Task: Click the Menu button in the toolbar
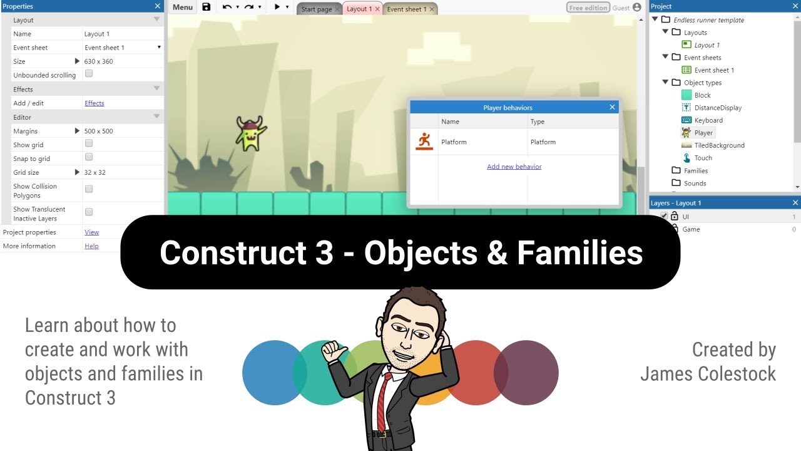(x=183, y=8)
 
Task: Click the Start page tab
(x=317, y=9)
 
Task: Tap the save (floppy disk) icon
(x=207, y=8)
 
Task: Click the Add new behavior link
(x=514, y=167)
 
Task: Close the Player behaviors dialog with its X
(x=612, y=107)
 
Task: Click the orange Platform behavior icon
(x=424, y=142)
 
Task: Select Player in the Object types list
(x=703, y=133)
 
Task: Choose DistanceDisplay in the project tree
(x=717, y=108)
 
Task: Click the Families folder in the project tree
(x=695, y=170)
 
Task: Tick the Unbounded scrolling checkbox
(x=89, y=74)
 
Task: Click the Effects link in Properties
(x=94, y=103)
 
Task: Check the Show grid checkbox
(x=89, y=143)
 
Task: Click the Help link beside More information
(x=91, y=246)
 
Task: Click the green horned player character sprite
(x=250, y=133)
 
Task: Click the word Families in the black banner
(x=579, y=252)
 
